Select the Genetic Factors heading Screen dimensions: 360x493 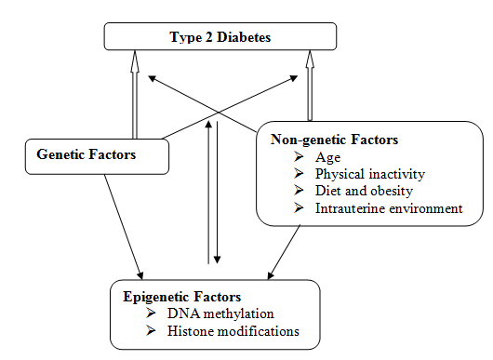pos(86,154)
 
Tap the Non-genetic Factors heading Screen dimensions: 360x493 pos(334,140)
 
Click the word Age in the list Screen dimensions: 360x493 pos(326,157)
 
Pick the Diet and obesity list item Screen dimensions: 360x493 pos(358,191)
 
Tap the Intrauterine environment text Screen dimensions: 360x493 pos(388,207)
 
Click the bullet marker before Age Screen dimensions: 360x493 pos(297,157)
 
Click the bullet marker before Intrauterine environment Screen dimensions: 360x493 pos(297,207)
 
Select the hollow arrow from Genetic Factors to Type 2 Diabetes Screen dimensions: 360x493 pos(135,93)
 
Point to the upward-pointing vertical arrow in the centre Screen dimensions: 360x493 pos(207,186)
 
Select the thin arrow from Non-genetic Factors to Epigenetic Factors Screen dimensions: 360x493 pos(285,250)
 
